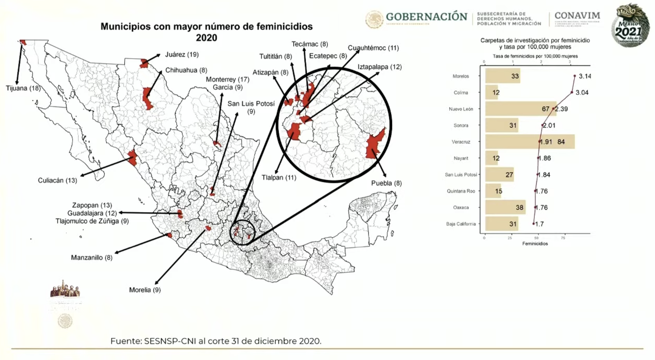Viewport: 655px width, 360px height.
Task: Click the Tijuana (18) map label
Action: coord(23,88)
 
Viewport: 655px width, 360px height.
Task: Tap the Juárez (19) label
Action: coord(182,54)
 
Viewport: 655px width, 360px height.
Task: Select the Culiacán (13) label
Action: coord(57,180)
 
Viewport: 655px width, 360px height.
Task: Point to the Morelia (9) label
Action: coord(145,290)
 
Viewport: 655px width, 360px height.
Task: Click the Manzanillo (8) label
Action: coord(92,258)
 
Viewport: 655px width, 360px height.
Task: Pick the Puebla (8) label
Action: coord(386,183)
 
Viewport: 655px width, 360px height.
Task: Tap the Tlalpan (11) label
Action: coord(279,177)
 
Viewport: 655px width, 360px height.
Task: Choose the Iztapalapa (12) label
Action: coord(379,67)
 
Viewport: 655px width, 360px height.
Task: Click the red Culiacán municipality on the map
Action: coord(132,158)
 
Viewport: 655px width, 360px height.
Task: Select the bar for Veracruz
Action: coord(529,142)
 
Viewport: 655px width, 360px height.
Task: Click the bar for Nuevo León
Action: coord(520,109)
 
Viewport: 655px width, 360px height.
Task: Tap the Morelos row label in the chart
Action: coord(461,76)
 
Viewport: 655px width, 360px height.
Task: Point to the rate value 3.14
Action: coord(584,76)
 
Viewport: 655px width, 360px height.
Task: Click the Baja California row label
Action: coord(461,224)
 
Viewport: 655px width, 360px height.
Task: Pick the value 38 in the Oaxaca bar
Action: coord(519,207)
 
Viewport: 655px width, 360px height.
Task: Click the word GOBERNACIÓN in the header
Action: coord(426,17)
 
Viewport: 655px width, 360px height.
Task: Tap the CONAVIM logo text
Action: coord(577,16)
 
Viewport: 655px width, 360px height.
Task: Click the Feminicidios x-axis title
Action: coord(535,244)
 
